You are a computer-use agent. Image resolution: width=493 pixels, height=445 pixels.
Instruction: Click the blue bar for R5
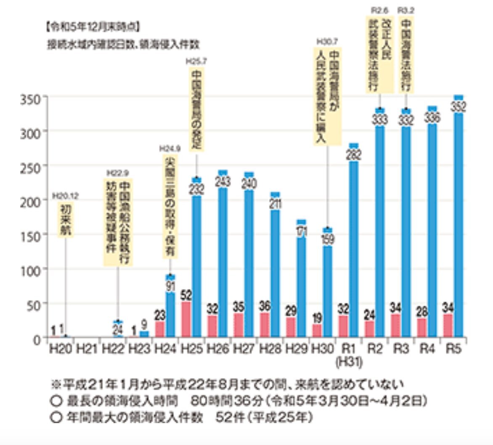click(459, 223)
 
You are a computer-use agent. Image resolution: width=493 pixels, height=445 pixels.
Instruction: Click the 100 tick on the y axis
click(30, 269)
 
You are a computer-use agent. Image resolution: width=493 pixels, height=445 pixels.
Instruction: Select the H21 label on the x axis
click(87, 349)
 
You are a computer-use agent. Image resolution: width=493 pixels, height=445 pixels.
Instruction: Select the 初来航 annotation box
click(66, 220)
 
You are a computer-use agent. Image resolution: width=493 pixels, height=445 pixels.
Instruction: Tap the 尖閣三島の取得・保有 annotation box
click(170, 207)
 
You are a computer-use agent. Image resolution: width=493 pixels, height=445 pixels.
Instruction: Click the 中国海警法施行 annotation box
click(406, 55)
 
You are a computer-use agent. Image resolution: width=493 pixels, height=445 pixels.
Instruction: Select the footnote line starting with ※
click(227, 384)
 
